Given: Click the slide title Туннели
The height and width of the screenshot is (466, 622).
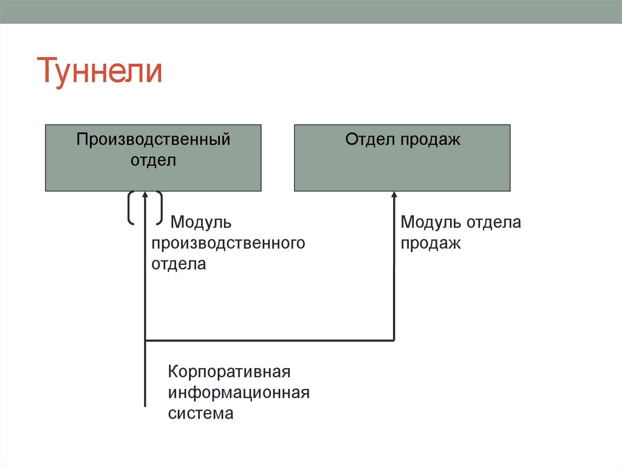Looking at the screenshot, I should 101,72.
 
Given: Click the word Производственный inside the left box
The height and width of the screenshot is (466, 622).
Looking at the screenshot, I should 153,140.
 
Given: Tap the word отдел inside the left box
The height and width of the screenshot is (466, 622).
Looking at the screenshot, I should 153,161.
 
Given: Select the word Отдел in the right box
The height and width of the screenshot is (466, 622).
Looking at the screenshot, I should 371,140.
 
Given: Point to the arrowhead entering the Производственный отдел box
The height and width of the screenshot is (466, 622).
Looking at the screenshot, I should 145,196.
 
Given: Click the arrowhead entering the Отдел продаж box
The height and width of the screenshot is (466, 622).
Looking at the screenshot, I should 394,196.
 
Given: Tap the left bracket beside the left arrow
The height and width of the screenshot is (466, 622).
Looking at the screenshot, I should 130,208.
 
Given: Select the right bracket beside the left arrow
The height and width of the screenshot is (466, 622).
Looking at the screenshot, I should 160,208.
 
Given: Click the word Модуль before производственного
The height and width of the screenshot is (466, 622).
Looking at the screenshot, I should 201,222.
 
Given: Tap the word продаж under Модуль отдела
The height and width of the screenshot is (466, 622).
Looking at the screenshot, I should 430,244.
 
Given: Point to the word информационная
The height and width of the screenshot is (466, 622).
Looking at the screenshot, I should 239,392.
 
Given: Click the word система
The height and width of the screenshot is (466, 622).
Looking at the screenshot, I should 200,414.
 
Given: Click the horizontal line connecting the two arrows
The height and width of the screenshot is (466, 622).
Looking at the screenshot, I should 270,340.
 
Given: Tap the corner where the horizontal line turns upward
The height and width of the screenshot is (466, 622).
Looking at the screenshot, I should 394,340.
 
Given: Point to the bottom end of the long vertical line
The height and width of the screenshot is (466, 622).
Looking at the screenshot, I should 145,404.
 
